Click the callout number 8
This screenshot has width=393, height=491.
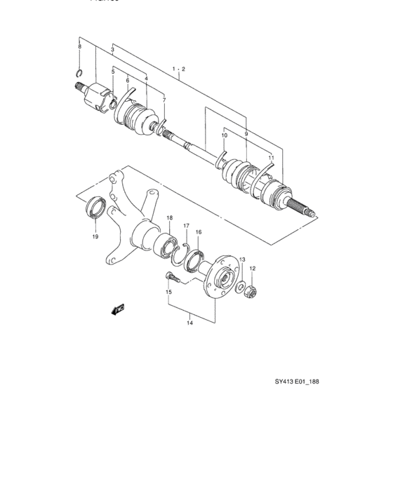(80, 46)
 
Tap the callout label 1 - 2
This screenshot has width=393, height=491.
(178, 69)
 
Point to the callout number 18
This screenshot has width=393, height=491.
(169, 219)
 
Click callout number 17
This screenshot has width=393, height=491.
(187, 225)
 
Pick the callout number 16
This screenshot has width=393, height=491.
(199, 232)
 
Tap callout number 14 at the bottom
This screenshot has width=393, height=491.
(189, 323)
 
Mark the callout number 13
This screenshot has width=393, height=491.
(243, 260)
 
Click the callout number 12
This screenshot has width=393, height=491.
(253, 269)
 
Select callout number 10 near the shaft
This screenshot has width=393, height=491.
(225, 135)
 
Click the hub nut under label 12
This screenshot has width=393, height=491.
(251, 289)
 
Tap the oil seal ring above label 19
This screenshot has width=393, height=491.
(97, 208)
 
